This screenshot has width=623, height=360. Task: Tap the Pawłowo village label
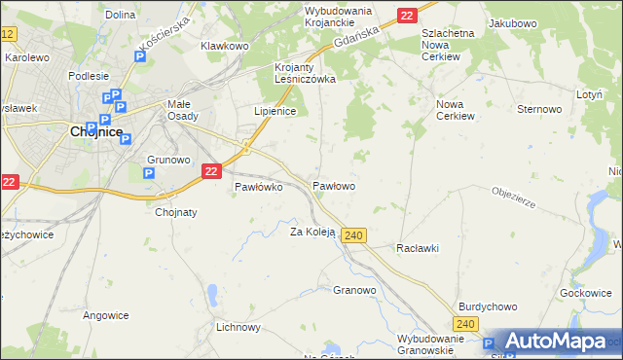pyautogui.click(x=333, y=185)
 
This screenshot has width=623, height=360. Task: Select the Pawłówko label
pyautogui.click(x=259, y=188)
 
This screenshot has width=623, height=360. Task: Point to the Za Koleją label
pyautogui.click(x=312, y=232)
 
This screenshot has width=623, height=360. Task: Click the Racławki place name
pyautogui.click(x=418, y=248)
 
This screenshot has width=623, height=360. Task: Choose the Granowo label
pyautogui.click(x=354, y=290)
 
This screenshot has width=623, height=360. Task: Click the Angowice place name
pyautogui.click(x=106, y=315)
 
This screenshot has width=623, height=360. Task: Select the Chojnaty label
pyautogui.click(x=176, y=211)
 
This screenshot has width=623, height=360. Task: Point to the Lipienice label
pyautogui.click(x=275, y=112)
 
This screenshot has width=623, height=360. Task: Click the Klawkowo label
pyautogui.click(x=225, y=46)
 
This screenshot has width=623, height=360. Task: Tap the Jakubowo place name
pyautogui.click(x=514, y=22)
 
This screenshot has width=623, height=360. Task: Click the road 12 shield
pyautogui.click(x=8, y=34)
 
